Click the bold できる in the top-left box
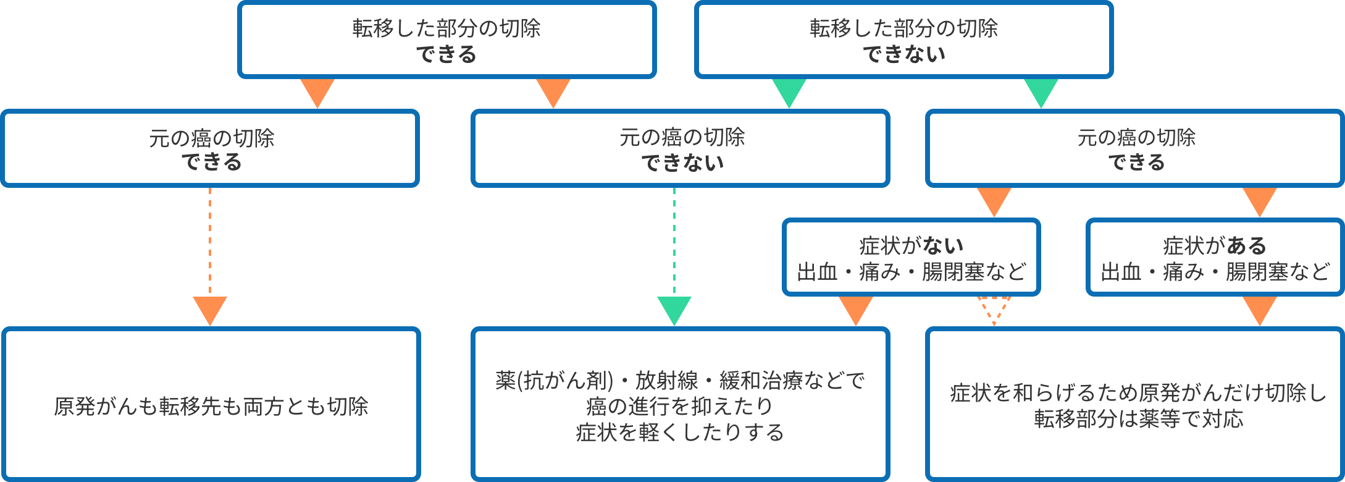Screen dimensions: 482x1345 pos(446,54)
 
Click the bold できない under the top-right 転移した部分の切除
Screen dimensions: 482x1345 pos(903,54)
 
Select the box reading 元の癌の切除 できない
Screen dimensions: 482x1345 pos(681,148)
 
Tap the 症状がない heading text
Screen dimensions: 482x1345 pos(911,246)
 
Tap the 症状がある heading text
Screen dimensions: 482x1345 pos(1214,246)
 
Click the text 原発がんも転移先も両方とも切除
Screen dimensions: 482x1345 pos(211,406)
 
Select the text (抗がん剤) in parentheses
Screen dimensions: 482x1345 pos(565,380)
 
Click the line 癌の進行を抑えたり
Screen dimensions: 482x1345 pos(680,406)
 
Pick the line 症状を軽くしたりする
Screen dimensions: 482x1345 pos(680,432)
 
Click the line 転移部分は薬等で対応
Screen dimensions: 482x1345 pos(1138,419)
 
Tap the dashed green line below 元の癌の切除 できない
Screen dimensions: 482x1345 pos(674,241)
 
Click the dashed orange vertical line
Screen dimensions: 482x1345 pos(210,241)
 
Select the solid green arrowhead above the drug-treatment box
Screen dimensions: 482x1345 pos(674,310)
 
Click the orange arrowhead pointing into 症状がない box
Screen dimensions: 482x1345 pos(994,201)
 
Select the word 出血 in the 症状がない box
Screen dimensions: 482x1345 pos(817,272)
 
